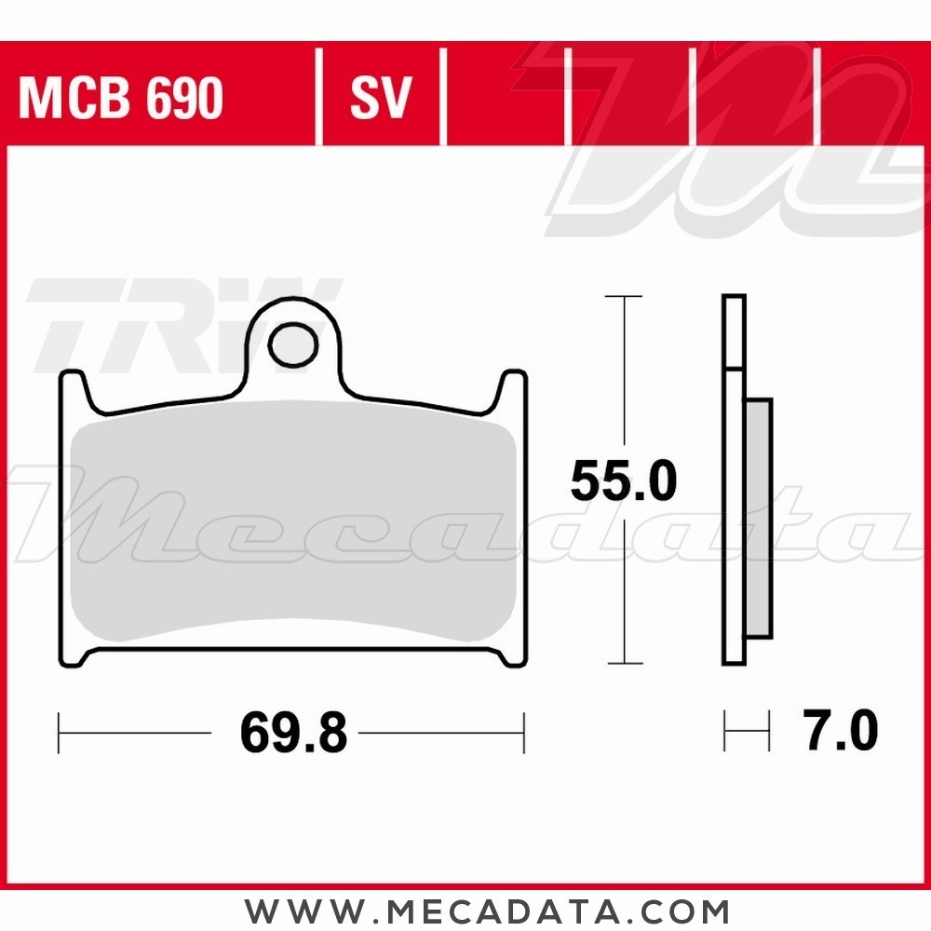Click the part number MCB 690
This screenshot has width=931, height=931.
point(121,98)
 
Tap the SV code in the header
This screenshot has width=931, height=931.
point(380,98)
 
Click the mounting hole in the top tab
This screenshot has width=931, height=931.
point(292,345)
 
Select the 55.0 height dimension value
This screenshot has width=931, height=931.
point(623,482)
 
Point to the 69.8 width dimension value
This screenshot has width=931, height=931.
point(293,735)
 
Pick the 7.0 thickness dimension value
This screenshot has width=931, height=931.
point(841,732)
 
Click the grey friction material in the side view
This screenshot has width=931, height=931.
point(759,518)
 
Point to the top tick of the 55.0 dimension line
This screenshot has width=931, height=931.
point(624,296)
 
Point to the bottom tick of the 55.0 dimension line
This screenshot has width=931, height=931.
point(624,663)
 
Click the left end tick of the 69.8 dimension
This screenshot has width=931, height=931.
point(60,734)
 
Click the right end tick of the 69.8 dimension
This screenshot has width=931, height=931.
point(525,734)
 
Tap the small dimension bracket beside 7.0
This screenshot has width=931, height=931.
point(747,733)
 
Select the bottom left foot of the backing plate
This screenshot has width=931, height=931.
point(74,656)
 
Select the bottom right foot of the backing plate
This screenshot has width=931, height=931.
point(511,656)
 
